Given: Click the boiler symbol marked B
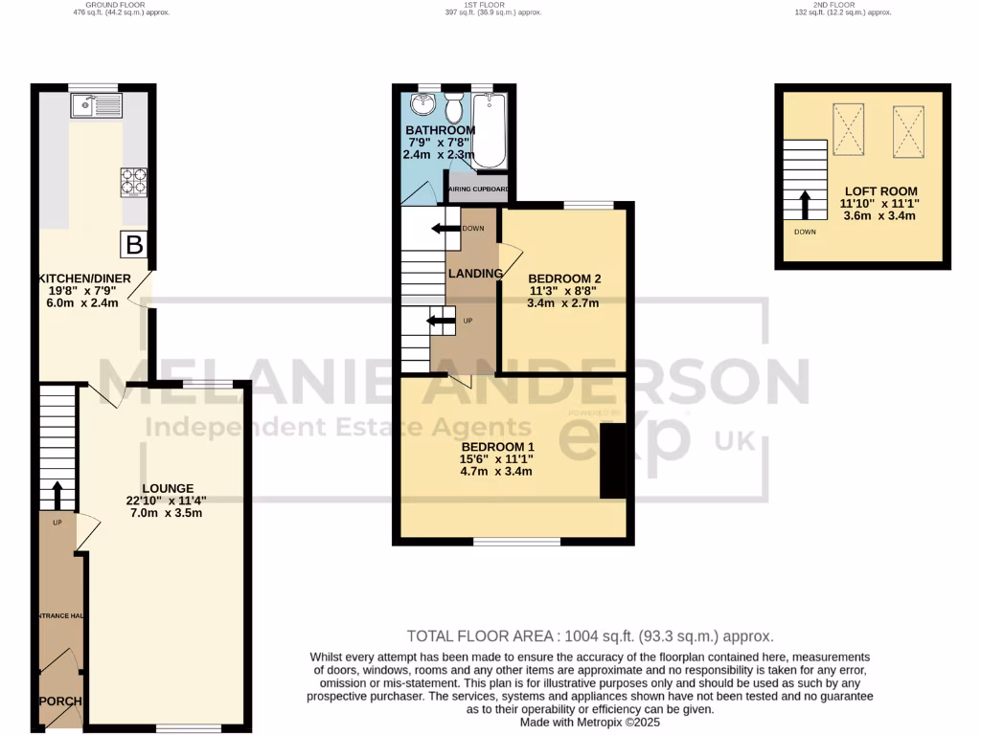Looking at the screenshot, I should (134, 245).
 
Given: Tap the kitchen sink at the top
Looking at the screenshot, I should (94, 105).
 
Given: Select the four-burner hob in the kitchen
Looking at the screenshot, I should (133, 182).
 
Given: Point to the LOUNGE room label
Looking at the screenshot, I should (168, 488).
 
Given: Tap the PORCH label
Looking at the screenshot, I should (59, 702).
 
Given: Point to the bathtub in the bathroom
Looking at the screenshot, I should (489, 130).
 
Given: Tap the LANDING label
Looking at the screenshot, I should (476, 275).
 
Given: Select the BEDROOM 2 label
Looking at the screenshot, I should (563, 278).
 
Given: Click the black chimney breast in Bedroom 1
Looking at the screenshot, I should (612, 461).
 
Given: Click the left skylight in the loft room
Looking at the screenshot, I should (848, 130).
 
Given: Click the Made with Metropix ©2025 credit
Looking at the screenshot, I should (589, 724).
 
